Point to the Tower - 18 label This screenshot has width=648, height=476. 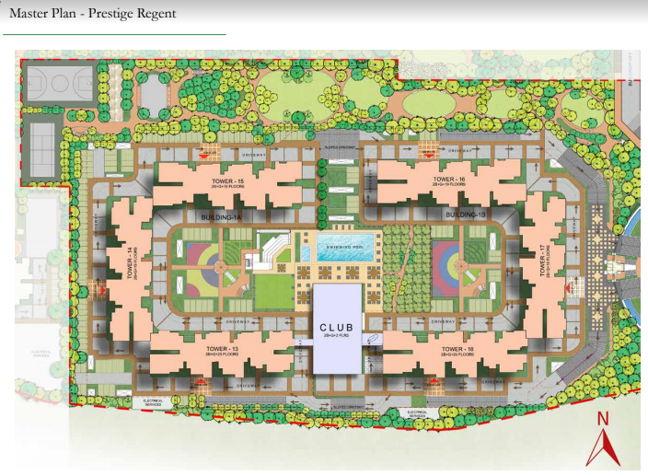coord(457,350)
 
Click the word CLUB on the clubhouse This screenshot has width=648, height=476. coord(337,328)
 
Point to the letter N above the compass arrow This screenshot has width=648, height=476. coord(604,418)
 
